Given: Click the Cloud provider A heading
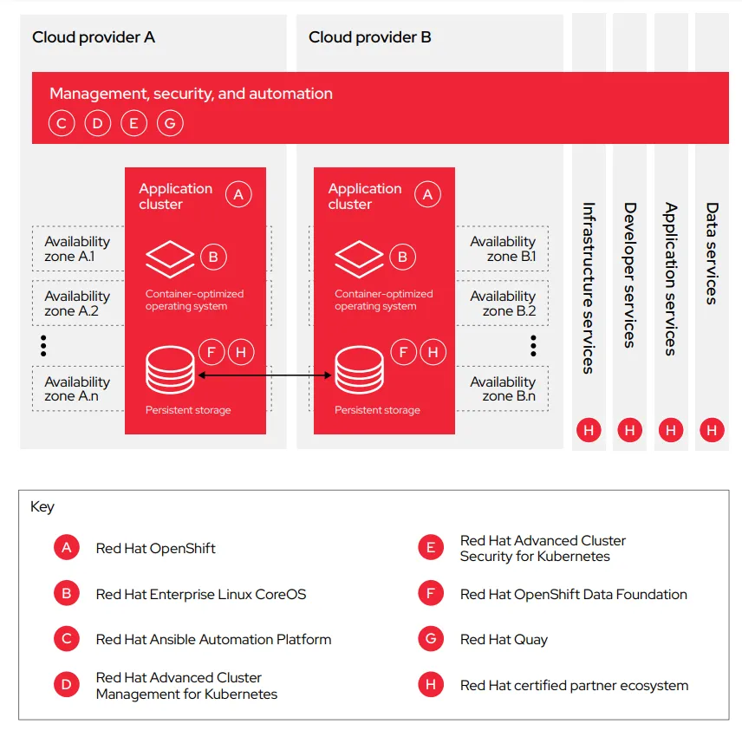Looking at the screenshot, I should pos(94,37).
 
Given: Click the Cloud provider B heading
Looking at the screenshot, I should pos(370,37).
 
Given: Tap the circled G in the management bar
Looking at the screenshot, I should pos(170,124).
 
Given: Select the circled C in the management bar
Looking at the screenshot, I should pos(61,124).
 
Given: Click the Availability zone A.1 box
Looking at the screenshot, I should pos(77,249).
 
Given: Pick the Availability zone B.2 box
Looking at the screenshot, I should pos(503,303).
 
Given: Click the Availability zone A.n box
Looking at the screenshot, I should pos(77,388).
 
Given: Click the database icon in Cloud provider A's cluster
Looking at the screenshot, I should pos(171,370).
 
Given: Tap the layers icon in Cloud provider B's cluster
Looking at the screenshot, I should pos(359,257).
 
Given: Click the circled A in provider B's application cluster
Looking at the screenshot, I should pos(426,195).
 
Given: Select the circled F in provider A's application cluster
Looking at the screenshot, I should pos(211,352).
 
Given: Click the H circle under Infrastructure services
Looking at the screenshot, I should pos(589,430).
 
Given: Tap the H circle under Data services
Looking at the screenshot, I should pos(713,430).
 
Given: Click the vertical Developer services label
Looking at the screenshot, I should pos(630,275).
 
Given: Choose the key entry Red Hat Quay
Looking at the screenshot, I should pos(504,640).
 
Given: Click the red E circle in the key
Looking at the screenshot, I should pos(430,548).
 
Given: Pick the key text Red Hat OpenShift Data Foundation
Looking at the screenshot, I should pos(573,594).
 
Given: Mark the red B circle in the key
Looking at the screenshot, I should pos(66,594).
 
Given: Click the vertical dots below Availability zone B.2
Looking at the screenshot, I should pos(533,346).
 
